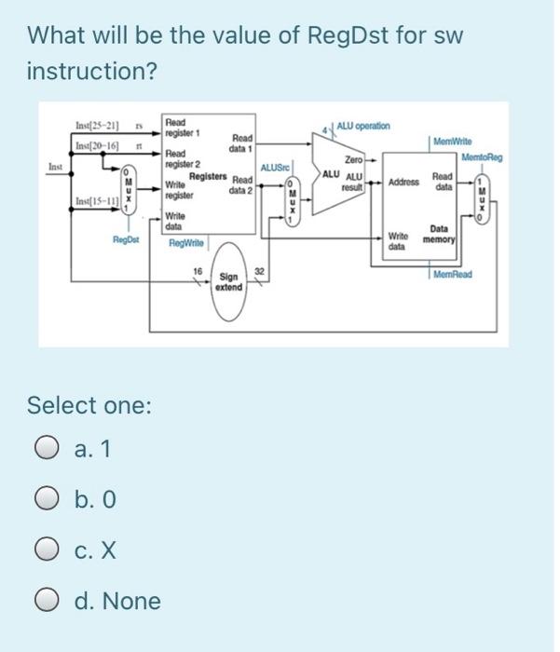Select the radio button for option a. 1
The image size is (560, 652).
click(x=44, y=450)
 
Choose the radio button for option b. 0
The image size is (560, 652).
click(x=44, y=500)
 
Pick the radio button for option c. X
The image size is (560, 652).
click(x=44, y=550)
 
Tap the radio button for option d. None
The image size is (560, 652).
click(x=44, y=601)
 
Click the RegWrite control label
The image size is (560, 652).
click(x=188, y=242)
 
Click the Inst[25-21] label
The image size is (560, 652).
click(x=94, y=127)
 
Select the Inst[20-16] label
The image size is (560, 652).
click(x=94, y=147)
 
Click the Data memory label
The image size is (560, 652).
click(x=436, y=233)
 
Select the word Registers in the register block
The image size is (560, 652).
click(x=209, y=175)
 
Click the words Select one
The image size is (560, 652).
click(x=89, y=406)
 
